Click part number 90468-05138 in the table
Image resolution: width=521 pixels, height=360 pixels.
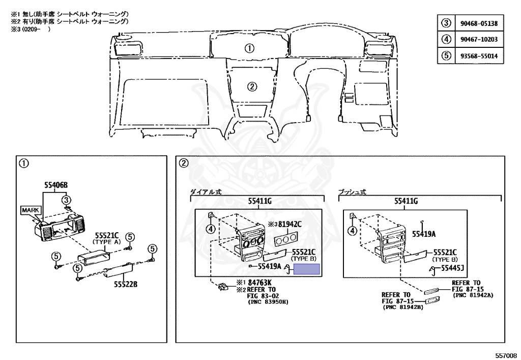tap(480, 23)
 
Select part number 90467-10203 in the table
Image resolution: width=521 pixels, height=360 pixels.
tap(480, 40)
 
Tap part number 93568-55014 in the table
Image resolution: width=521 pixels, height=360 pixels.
tap(480, 56)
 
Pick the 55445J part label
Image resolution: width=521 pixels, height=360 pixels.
tap(455, 268)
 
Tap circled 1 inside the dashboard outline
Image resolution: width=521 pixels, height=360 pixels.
tap(249, 49)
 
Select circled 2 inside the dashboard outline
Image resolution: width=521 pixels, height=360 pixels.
tap(252, 86)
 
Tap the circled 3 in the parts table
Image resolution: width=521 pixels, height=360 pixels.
tap(446, 23)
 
